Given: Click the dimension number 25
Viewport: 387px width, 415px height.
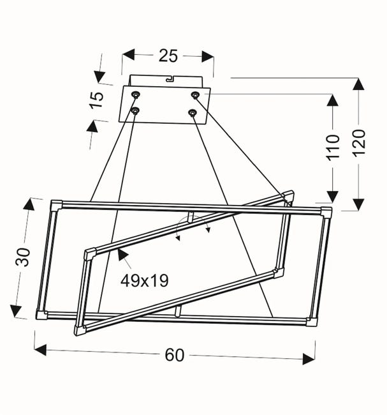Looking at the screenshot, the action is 168,56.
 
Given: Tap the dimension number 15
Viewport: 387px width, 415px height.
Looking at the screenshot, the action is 96,100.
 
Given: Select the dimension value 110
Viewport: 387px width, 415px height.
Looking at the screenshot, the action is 333,147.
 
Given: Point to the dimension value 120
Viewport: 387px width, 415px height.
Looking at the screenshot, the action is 359,142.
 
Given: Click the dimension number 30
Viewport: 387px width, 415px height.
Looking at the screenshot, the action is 23,257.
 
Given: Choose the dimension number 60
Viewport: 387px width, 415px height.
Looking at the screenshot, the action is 174,355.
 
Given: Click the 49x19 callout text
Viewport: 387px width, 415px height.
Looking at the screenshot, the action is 144,281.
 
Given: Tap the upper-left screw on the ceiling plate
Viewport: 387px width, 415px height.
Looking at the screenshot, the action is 136,94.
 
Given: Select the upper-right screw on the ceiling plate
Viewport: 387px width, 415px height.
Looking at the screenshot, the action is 195,94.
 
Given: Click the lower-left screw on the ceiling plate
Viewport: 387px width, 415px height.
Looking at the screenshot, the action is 135,110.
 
